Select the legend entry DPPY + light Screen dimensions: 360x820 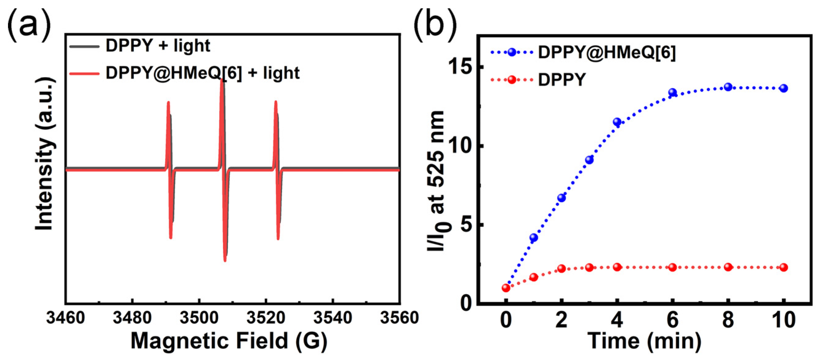(157, 46)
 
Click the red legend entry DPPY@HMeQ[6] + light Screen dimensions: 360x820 (202, 73)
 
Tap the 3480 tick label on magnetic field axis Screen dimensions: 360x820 (132, 318)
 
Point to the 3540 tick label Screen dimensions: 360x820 (333, 318)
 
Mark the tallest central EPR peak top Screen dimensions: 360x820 (222, 80)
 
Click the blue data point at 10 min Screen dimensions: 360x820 (784, 88)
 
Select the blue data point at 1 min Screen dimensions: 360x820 (534, 238)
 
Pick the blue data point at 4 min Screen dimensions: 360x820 (617, 122)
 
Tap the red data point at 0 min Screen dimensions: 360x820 (506, 288)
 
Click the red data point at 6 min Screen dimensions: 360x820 (672, 267)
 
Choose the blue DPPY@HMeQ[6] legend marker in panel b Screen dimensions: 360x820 (512, 52)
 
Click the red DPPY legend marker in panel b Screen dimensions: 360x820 (512, 80)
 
